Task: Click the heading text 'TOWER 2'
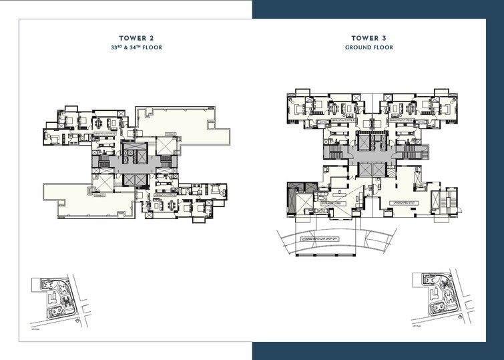(137, 38)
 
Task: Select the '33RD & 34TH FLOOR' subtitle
(137, 47)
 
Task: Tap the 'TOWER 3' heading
(368, 38)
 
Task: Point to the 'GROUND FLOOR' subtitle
(368, 47)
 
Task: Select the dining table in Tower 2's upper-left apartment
(101, 123)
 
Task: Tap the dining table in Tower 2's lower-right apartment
(172, 202)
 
